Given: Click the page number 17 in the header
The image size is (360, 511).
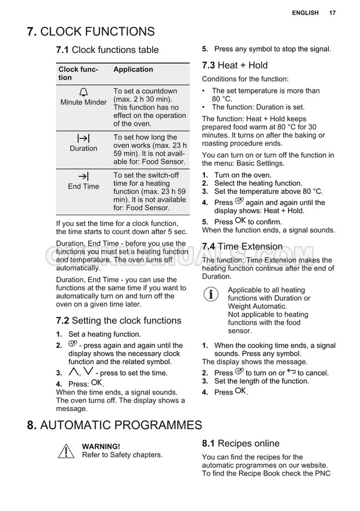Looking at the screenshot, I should click(332, 13).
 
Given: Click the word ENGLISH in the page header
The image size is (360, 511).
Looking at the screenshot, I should click(305, 13).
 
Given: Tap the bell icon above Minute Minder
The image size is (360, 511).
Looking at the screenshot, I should click(84, 92).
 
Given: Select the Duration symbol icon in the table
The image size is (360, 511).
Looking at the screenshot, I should click(84, 138).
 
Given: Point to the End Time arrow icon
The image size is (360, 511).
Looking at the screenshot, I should click(84, 176).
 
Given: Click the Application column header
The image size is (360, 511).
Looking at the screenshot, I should click(133, 70).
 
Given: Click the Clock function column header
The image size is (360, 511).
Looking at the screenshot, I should click(78, 74).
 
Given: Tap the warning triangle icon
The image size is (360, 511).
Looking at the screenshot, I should click(66, 451).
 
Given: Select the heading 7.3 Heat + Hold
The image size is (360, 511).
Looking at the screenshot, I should click(235, 65).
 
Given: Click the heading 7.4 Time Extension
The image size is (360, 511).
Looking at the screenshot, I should click(242, 246).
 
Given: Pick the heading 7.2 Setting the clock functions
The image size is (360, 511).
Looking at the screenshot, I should click(118, 321).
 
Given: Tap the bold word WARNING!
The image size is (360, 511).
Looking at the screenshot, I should click(101, 447).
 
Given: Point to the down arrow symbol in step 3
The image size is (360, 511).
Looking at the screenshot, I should click(88, 372).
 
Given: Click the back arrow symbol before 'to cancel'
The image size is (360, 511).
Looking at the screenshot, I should click(291, 372).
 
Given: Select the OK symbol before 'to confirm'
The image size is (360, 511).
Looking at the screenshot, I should click(240, 221).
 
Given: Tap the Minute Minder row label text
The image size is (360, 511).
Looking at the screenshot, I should click(84, 103).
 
